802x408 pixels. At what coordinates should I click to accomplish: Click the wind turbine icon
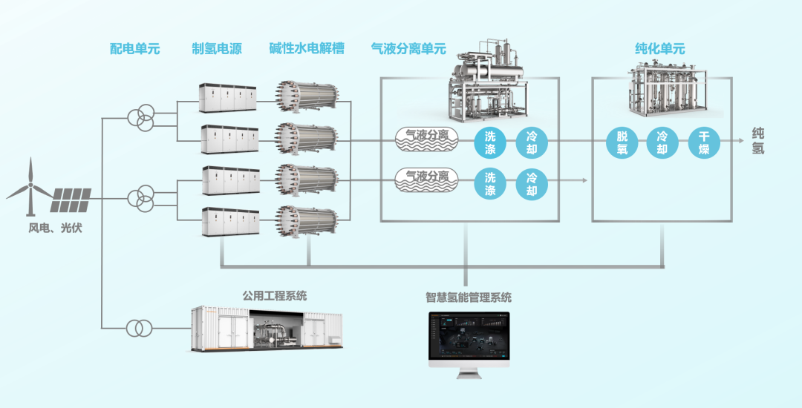pyautogui.click(x=30, y=187)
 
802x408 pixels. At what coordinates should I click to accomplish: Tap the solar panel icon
pyautogui.click(x=71, y=199)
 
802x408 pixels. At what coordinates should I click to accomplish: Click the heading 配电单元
pyautogui.click(x=134, y=49)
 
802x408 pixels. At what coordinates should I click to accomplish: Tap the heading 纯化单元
pyautogui.click(x=659, y=49)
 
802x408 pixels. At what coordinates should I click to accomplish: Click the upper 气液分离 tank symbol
pyautogui.click(x=426, y=137)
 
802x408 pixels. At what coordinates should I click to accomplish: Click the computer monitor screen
pyautogui.click(x=469, y=338)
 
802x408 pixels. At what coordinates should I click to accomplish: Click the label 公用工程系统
pyautogui.click(x=274, y=296)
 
